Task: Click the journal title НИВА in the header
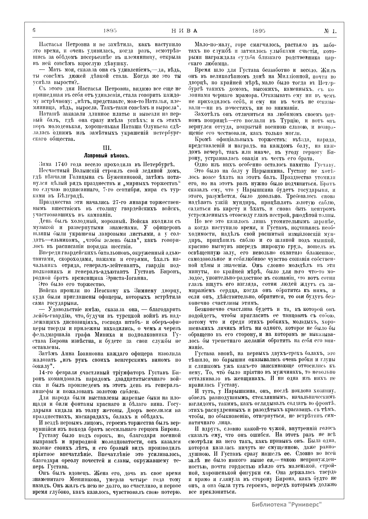click(x=183, y=31)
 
